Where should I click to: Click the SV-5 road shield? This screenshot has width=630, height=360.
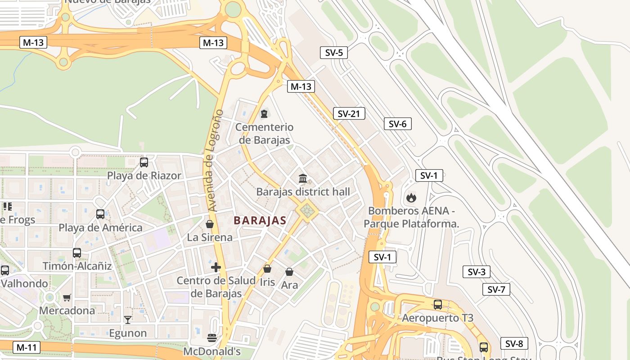(x=333, y=53)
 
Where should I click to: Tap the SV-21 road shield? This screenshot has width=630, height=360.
(x=349, y=114)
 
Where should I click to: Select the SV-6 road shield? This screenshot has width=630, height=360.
(x=397, y=124)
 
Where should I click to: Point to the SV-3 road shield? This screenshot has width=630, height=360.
(x=476, y=272)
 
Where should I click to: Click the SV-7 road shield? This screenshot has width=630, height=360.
(x=496, y=289)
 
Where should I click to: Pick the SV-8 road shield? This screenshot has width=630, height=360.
(x=513, y=343)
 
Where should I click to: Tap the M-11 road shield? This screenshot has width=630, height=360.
(x=27, y=347)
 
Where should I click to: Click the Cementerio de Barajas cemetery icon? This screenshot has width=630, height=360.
(x=264, y=113)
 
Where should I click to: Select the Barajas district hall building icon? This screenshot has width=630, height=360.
(x=303, y=179)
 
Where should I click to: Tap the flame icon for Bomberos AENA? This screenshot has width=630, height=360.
(x=410, y=198)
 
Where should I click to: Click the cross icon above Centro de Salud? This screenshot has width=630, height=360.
(x=216, y=267)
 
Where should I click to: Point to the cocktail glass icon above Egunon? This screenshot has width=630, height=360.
(x=128, y=319)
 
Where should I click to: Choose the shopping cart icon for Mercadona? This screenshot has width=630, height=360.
(x=67, y=297)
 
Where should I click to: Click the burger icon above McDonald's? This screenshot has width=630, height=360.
(x=212, y=337)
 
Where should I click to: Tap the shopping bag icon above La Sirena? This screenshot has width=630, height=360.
(x=210, y=224)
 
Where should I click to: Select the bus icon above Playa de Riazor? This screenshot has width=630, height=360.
(x=144, y=162)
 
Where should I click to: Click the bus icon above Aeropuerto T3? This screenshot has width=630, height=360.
(x=437, y=305)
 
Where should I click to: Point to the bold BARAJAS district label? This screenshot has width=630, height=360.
(x=260, y=220)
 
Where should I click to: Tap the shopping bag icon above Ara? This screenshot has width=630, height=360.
(x=289, y=272)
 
